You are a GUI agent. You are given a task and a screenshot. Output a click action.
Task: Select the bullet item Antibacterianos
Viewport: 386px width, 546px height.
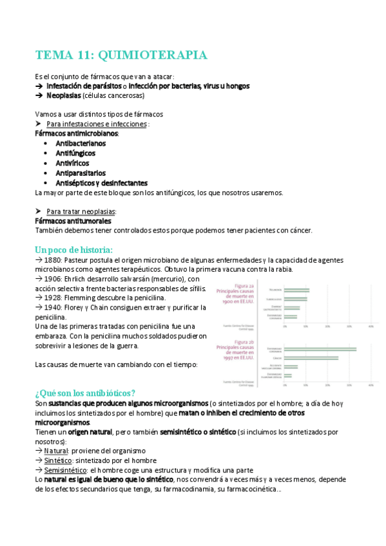coord(81,143)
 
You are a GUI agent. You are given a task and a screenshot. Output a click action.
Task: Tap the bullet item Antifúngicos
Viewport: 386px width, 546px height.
coord(75,153)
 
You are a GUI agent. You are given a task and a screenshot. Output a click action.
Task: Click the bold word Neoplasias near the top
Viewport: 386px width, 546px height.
coord(64,95)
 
